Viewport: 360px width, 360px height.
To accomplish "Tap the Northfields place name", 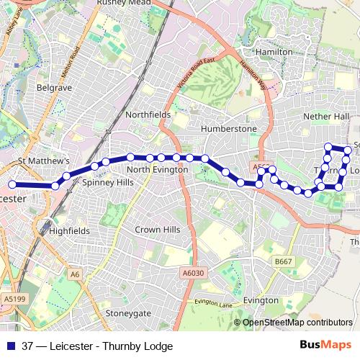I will pyautogui.click(x=148, y=114).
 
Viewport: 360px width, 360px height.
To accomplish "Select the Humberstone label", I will pyautogui.click(x=229, y=128).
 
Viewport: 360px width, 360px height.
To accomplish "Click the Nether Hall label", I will pyautogui.click(x=325, y=116).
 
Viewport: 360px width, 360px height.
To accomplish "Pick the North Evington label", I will pyautogui.click(x=157, y=169).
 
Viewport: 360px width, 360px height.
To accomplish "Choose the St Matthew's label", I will pyautogui.click(x=44, y=161).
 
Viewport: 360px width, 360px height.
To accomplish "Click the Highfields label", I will pyautogui.click(x=70, y=231).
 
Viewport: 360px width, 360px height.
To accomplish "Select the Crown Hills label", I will pyautogui.click(x=158, y=230).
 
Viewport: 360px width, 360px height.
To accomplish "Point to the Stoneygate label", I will pyautogui.click(x=128, y=313).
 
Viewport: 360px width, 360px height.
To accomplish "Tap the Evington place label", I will pyautogui.click(x=261, y=300).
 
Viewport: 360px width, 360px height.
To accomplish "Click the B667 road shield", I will pyautogui.click(x=284, y=261).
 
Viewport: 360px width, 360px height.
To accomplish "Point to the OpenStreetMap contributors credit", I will pyautogui.click(x=297, y=323).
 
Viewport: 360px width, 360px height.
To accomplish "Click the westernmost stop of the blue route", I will pyautogui.click(x=12, y=184).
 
